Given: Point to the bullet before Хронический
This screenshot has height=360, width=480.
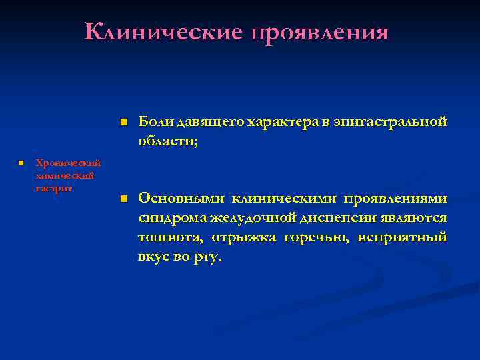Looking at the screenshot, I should pos(21,162).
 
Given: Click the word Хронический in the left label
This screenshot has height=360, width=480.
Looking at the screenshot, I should pos(68,162).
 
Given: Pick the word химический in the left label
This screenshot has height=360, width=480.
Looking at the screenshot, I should pos(65,175).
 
